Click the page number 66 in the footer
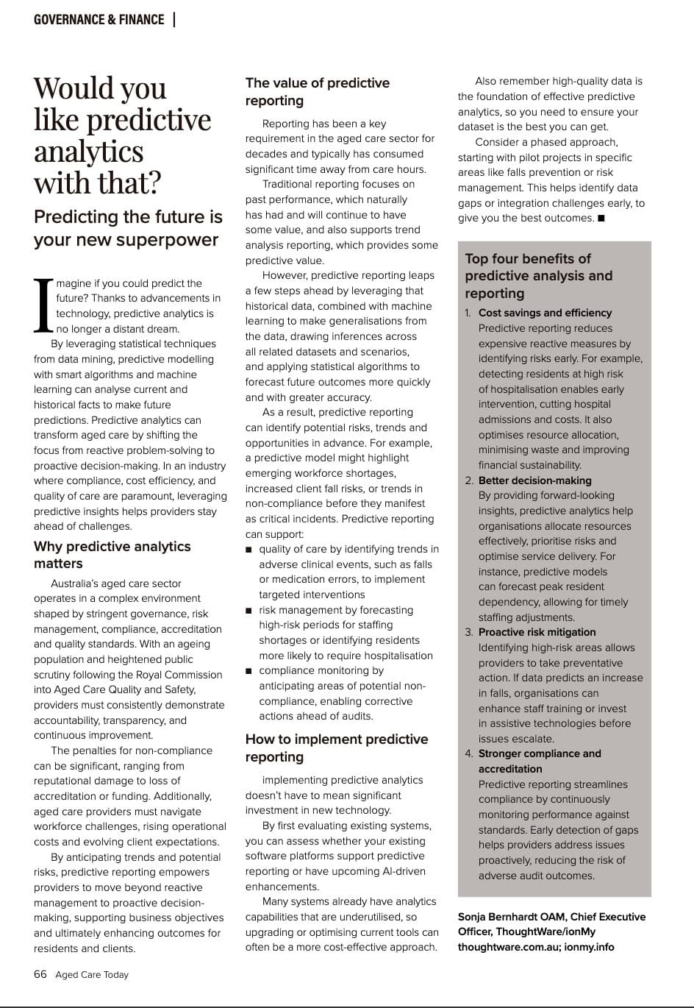[40, 974]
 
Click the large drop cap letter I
[43, 305]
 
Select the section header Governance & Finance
[99, 20]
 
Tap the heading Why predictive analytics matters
[112, 555]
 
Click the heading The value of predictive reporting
[318, 91]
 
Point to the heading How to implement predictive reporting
[337, 748]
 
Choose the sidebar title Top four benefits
[538, 275]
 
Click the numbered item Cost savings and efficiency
[545, 313]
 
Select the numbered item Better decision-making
[534, 480]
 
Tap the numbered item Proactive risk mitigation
[537, 632]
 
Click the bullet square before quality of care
[249, 550]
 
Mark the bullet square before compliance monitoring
[249, 671]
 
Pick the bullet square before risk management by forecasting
[249, 611]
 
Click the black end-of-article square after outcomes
[601, 218]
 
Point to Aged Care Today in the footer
[92, 975]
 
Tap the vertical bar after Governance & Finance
[174, 20]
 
